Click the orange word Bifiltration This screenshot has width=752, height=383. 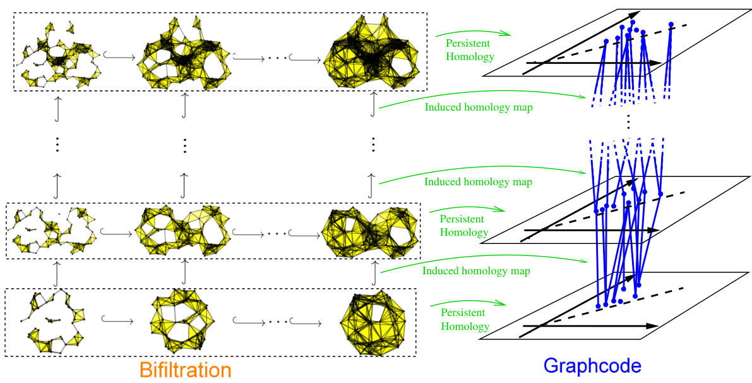click(185, 369)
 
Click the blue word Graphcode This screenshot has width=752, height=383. click(592, 366)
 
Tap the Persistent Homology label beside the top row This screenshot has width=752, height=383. click(470, 50)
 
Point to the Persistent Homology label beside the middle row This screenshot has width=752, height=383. click(462, 226)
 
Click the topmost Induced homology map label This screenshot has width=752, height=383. click(478, 107)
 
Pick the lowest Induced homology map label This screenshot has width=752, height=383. click(476, 271)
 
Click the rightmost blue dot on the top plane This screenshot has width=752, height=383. click(671, 25)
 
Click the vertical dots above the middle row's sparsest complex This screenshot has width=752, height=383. click(57, 145)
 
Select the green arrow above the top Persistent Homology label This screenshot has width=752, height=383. click(474, 31)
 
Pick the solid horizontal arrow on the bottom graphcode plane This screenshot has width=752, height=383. click(591, 326)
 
